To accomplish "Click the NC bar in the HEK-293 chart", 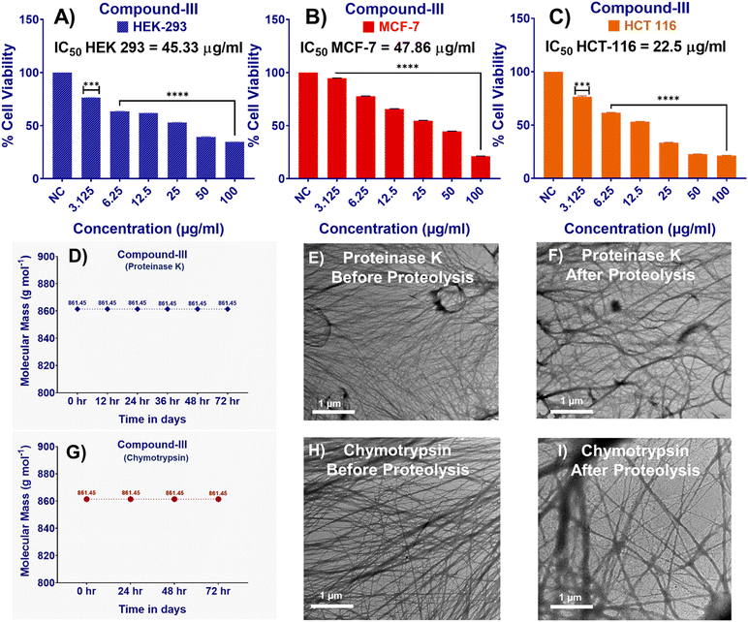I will pos(64,126).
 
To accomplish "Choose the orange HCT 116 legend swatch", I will pos(602,27).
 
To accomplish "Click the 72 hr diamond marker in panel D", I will pos(228,309).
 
